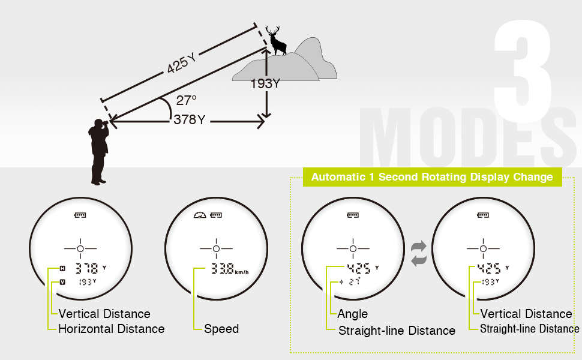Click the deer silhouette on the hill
click(276, 41)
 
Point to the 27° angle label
click(187, 100)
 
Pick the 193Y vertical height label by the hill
click(265, 84)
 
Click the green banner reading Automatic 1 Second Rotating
click(432, 177)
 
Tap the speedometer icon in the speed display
click(200, 215)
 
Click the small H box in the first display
click(62, 268)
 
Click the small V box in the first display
click(62, 281)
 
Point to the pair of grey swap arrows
click(418, 253)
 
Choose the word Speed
click(221, 329)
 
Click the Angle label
click(353, 314)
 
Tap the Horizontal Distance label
click(111, 329)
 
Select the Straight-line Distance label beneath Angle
click(397, 331)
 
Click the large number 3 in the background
click(523, 66)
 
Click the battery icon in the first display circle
click(80, 215)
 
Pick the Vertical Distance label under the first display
click(104, 314)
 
